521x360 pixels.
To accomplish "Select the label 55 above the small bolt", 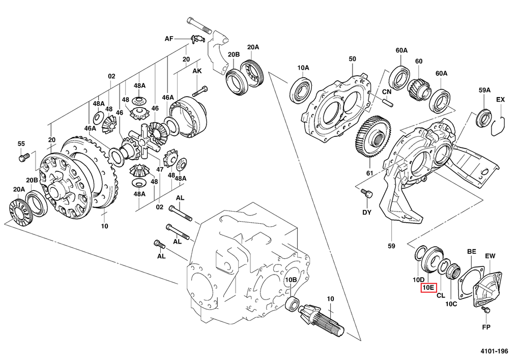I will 21,144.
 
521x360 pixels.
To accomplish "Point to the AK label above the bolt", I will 197,72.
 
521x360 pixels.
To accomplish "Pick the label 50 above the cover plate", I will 352,59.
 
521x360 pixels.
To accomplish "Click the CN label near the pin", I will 386,92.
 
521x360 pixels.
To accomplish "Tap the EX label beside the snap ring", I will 501,100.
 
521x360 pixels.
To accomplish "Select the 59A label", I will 484,90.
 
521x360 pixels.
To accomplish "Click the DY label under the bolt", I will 367,212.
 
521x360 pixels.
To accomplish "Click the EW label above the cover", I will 490,255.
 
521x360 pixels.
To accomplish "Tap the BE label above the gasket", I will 472,252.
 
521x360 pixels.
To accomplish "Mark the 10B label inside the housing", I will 291,280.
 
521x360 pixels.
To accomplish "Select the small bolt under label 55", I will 22,158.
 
